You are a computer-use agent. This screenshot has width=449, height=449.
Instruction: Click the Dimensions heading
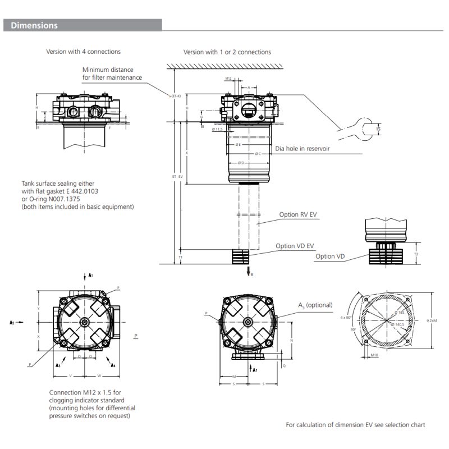[34, 25]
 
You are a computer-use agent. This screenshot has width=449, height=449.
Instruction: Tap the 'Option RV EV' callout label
[298, 214]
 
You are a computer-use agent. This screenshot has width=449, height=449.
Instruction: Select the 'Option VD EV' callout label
[295, 246]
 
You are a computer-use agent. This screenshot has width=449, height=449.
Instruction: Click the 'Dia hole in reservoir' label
[303, 149]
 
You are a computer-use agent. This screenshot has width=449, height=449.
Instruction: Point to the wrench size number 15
[378, 130]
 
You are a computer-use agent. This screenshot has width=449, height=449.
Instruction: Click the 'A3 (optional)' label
[315, 305]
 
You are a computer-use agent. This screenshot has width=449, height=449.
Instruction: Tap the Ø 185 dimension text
[401, 313]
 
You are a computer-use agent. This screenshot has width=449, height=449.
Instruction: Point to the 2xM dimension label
[432, 320]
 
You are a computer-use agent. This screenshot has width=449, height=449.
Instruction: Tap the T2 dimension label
[416, 254]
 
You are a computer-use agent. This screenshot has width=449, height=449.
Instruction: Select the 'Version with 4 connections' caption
[83, 52]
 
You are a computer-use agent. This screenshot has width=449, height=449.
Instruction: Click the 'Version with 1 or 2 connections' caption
[227, 52]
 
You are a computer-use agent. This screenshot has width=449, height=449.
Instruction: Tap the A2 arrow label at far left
[12, 323]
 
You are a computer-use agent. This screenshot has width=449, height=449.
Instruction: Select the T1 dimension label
[180, 256]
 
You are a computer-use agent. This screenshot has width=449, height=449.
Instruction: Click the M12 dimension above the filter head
[228, 79]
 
